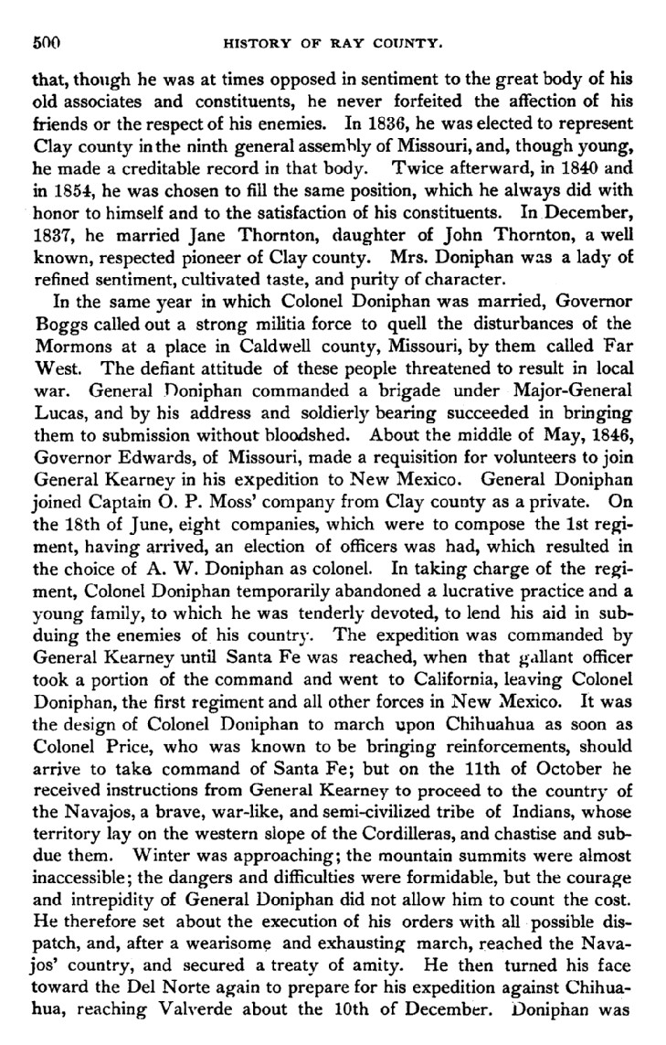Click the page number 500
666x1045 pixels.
pos(46,42)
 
